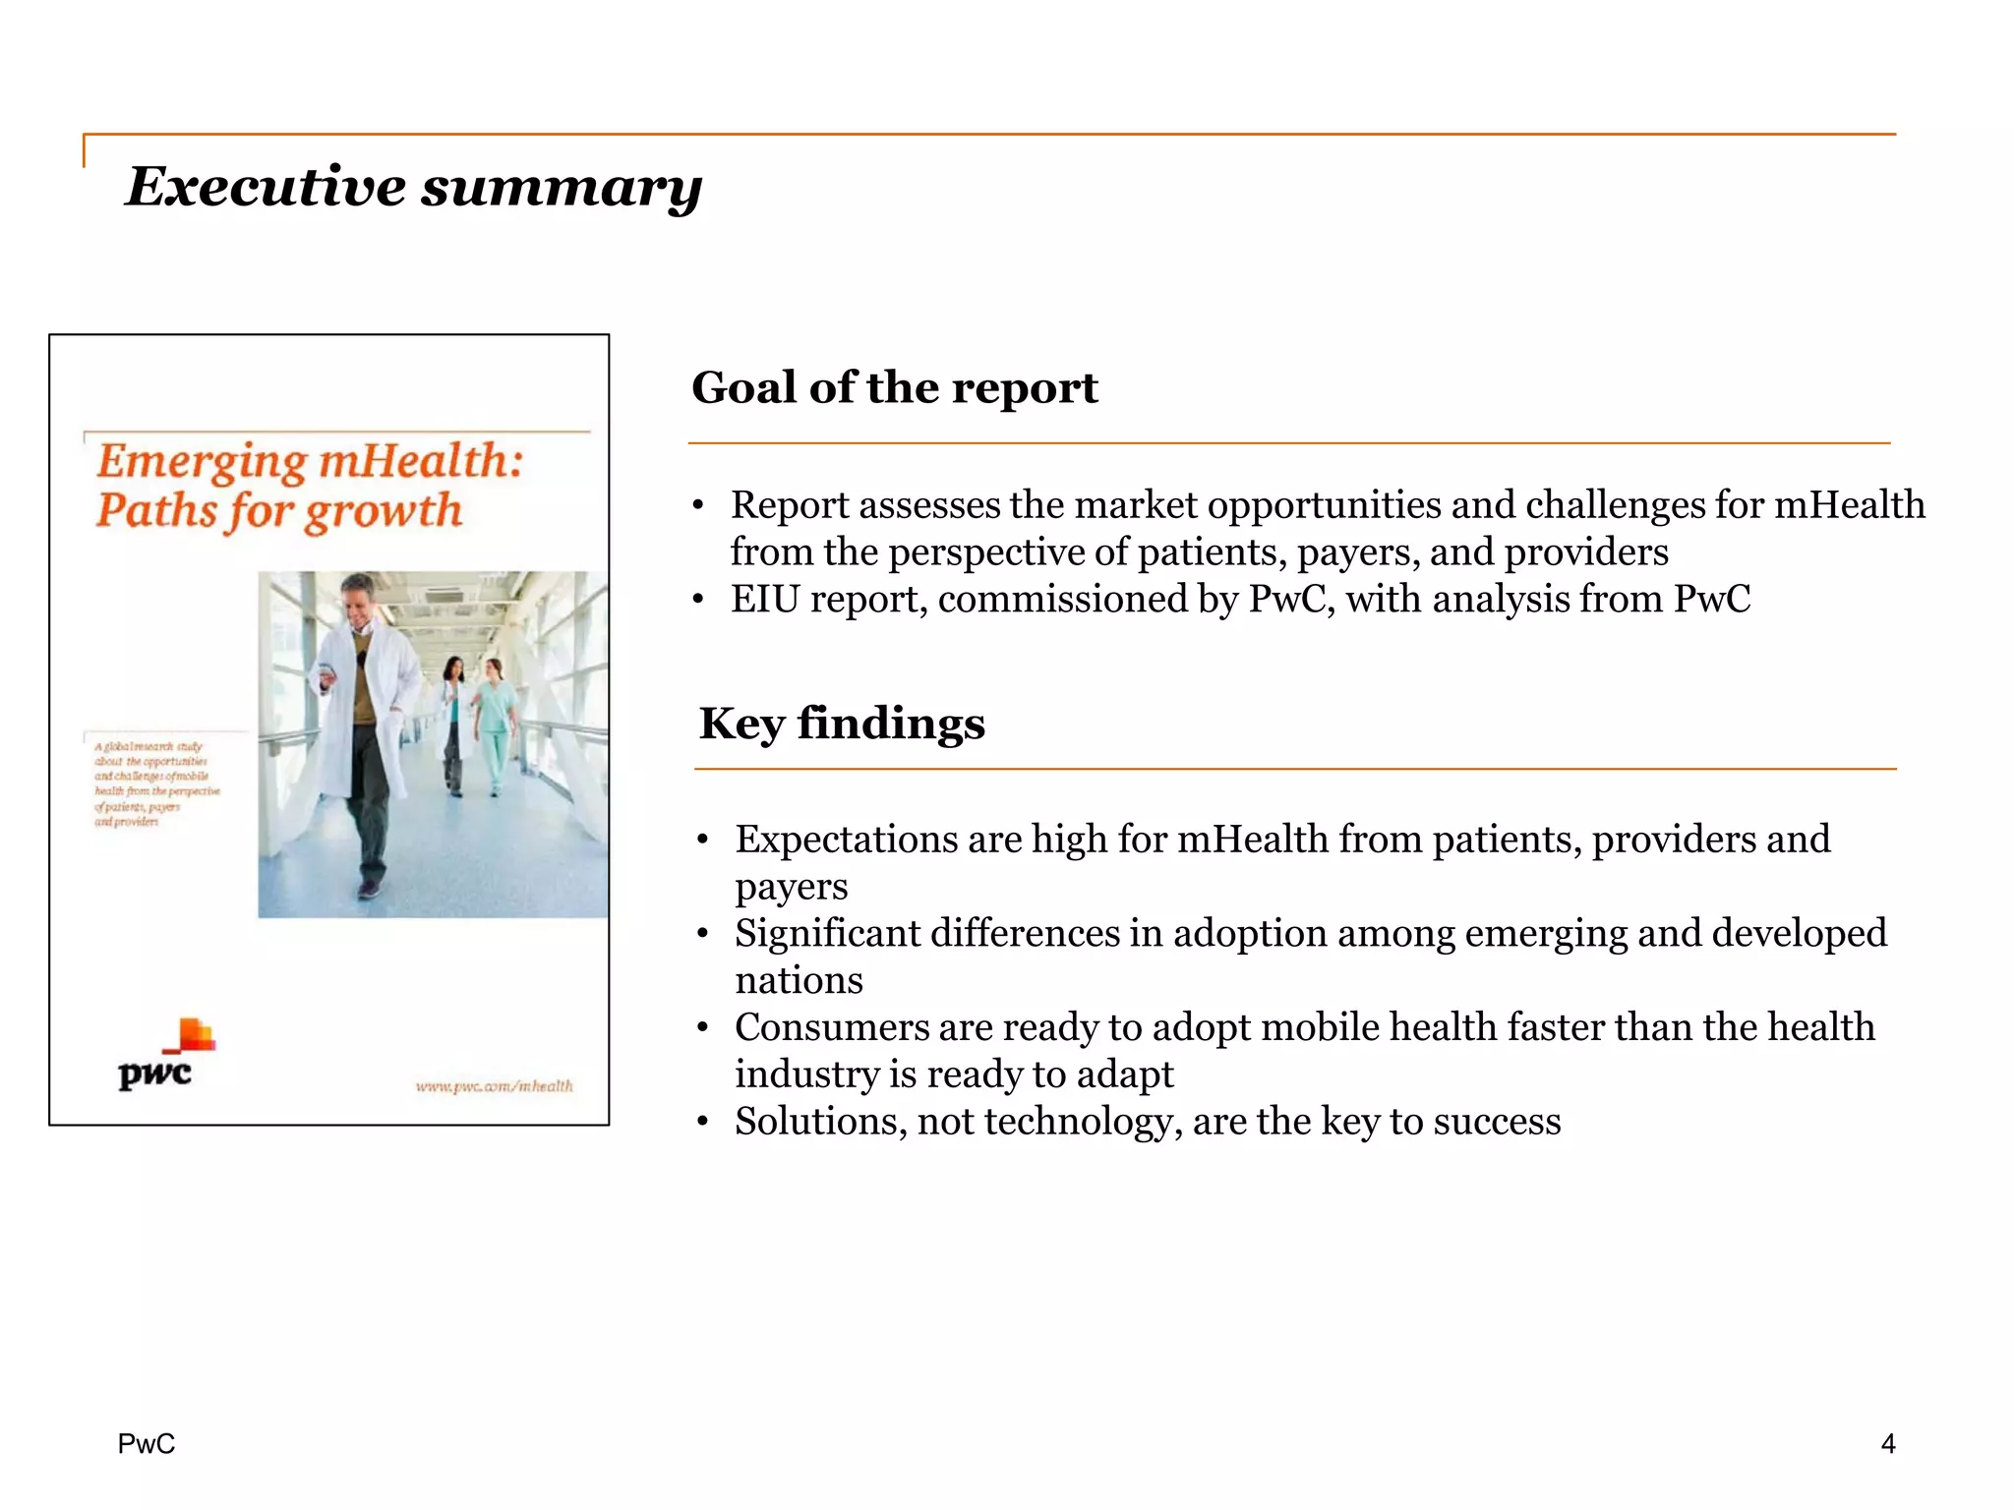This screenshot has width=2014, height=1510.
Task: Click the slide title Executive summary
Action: [413, 186]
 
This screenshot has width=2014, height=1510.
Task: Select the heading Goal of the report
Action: [894, 387]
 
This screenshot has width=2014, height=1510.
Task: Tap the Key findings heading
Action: [842, 724]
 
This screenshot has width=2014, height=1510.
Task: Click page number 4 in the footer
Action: [1887, 1443]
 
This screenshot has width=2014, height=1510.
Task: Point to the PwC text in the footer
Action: [147, 1443]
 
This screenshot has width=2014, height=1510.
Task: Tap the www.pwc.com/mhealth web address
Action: [494, 1085]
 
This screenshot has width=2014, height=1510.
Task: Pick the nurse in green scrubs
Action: [494, 723]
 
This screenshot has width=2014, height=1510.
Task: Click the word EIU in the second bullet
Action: [764, 600]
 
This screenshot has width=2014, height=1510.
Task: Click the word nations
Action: [799, 980]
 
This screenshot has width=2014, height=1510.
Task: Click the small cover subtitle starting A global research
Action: [154, 784]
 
